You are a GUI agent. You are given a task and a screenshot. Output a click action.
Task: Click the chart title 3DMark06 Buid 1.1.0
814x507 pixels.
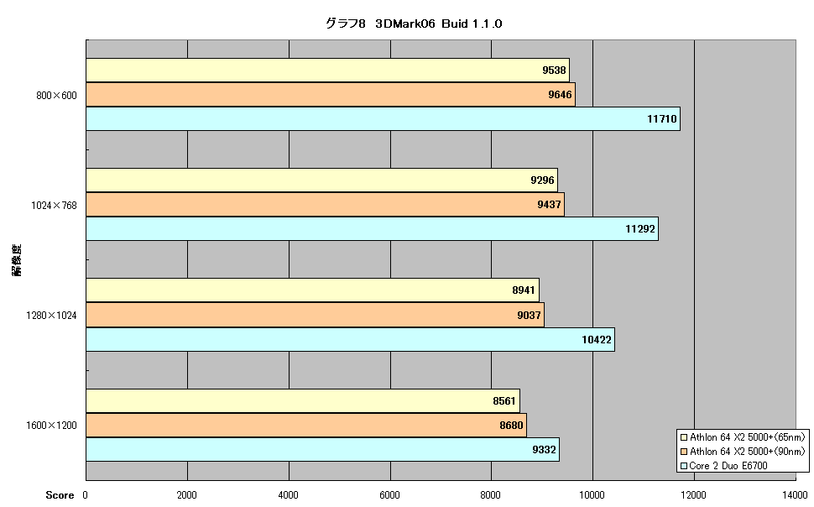[x=414, y=24]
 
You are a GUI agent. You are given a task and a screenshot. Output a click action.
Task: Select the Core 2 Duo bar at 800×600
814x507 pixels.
[x=384, y=119]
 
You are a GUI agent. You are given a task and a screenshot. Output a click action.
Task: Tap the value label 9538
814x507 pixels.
[x=554, y=71]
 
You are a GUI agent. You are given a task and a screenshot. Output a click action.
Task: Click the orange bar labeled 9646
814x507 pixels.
[x=331, y=95]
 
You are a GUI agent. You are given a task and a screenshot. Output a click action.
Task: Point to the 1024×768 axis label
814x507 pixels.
[x=54, y=206]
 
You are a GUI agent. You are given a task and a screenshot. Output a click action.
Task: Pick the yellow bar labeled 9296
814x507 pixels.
[x=322, y=180]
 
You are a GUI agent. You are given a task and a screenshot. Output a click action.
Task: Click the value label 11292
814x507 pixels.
[x=640, y=229]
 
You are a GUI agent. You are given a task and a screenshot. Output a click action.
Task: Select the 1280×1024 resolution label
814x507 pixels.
[x=51, y=316]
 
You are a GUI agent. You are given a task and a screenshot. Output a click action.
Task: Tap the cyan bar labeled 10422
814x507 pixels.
[x=351, y=340]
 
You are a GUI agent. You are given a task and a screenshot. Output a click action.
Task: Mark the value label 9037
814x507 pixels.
[x=529, y=316]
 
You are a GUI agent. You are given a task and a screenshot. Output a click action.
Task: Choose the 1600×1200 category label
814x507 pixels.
[x=51, y=426]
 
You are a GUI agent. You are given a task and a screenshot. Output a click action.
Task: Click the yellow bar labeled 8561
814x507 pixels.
[x=303, y=401]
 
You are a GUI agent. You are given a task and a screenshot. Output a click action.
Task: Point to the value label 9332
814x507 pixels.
[x=544, y=450]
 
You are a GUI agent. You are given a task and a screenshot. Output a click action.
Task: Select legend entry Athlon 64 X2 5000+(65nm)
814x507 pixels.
[x=743, y=437]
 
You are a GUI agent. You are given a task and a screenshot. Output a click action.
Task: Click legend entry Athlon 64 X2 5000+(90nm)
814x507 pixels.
[x=743, y=452]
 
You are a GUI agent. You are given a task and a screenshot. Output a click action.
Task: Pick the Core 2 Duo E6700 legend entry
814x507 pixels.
[x=724, y=466]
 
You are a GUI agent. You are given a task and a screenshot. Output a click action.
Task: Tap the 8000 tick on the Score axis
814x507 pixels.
[x=491, y=495]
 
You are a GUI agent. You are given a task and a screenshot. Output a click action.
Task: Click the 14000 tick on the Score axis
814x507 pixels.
[x=796, y=495]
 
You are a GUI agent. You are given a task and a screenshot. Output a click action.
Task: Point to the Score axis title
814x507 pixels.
[x=60, y=495]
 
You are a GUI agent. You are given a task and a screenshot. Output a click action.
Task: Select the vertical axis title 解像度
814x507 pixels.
[x=17, y=260]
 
